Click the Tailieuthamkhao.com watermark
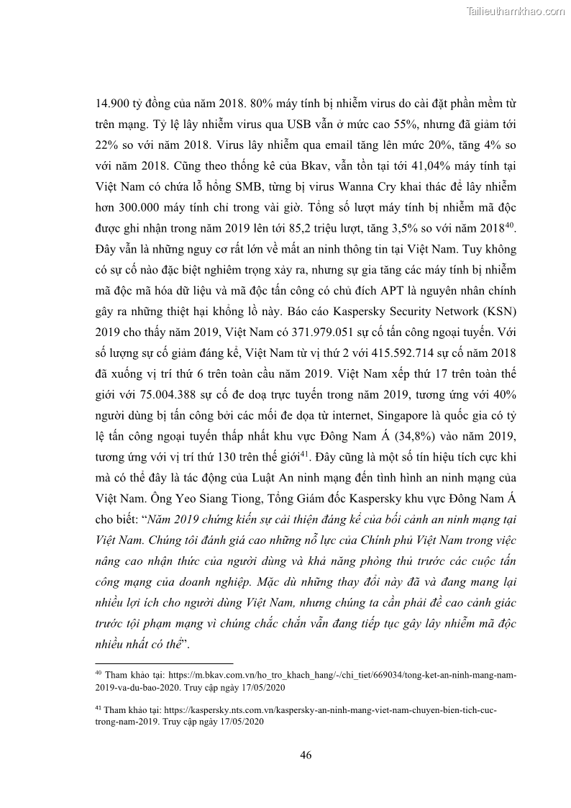tap(516, 11)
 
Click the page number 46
tap(305, 755)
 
